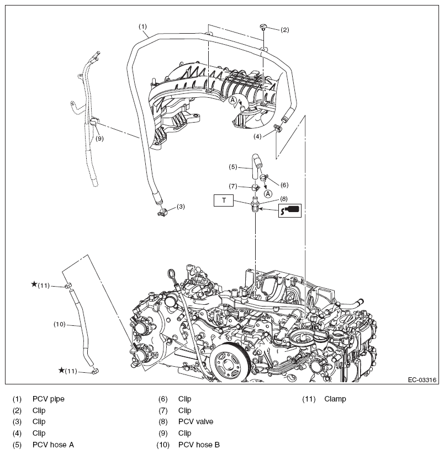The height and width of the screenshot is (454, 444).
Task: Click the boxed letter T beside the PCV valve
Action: (x=224, y=200)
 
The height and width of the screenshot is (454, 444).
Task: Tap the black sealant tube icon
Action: (x=289, y=210)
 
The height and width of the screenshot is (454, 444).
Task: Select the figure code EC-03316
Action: (x=422, y=380)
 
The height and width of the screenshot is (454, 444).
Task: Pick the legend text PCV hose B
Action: (x=199, y=445)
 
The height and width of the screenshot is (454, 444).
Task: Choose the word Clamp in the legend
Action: (x=335, y=399)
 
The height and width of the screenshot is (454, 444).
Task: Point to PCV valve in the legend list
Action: (x=195, y=422)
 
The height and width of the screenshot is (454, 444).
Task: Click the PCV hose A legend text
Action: (x=53, y=445)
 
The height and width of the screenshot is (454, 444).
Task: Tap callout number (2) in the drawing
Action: (x=284, y=29)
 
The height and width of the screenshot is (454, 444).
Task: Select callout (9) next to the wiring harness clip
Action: (x=99, y=139)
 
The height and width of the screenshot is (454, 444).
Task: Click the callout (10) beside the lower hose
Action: (x=60, y=324)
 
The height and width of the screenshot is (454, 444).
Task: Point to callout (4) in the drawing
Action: (x=258, y=136)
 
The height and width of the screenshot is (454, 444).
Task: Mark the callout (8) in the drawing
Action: (x=283, y=198)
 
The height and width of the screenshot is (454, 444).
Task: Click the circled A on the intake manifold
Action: (x=233, y=100)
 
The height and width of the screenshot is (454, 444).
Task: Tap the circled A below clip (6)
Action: (x=267, y=193)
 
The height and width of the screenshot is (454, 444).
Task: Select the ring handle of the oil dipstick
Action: (x=172, y=274)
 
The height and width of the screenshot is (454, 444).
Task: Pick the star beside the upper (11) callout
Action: (x=34, y=284)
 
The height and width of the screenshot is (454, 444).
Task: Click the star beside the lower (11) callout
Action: (x=61, y=370)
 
